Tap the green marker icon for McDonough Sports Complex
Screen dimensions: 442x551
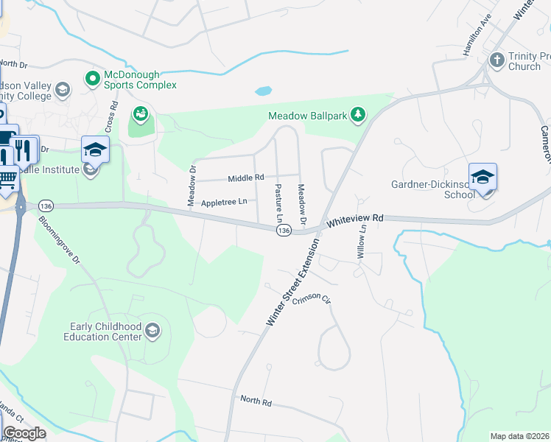(93, 77)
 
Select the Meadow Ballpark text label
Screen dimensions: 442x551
(306, 116)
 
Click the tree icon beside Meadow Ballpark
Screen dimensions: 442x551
(357, 114)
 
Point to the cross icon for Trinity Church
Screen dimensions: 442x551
(497, 58)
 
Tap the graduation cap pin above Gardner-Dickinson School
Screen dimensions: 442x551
(483, 177)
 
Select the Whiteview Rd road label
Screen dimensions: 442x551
(356, 219)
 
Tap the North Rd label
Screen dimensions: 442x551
(256, 401)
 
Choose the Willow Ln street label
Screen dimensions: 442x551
(362, 241)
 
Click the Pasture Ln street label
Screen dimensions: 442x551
(279, 203)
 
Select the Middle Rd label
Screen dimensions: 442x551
(246, 178)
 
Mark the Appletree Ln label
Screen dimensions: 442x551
(228, 201)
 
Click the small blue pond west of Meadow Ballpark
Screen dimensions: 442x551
(263, 92)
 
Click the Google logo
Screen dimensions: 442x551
(24, 433)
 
